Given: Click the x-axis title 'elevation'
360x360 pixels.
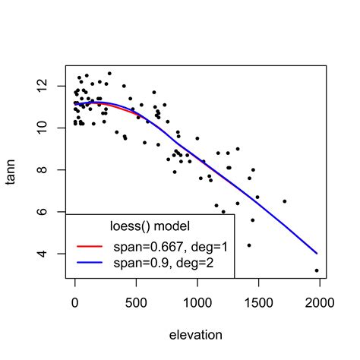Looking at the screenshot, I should (x=196, y=334).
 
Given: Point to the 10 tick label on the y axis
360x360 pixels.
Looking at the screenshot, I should (x=50, y=128).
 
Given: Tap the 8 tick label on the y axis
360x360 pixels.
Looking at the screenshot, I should (x=50, y=170).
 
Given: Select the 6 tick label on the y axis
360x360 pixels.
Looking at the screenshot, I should (x=50, y=212).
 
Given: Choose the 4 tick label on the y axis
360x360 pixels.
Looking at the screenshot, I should (x=50, y=254).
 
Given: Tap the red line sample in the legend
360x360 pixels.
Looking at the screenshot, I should (x=90, y=246).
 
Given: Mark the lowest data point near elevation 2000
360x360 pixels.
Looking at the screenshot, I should (x=317, y=270).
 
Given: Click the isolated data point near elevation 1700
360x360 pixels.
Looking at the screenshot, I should (x=284, y=201).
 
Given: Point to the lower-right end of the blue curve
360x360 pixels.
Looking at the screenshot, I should (x=317, y=253).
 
